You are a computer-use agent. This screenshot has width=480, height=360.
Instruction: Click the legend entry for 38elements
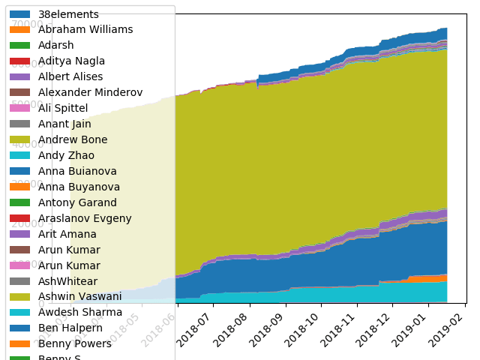pos(68,14)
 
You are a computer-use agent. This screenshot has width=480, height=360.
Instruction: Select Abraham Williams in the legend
pos(85,30)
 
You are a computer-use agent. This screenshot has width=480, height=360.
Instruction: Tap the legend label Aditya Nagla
pos(71,61)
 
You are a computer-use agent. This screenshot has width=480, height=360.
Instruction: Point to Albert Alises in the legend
pos(70,77)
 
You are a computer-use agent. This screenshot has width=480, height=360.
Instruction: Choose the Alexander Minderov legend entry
pos(90,93)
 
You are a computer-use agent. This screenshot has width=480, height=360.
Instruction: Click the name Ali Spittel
pos(63,109)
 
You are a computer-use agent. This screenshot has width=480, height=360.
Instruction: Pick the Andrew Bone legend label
pos(73,140)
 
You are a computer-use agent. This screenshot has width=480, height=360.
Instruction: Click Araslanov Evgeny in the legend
pos(85,219)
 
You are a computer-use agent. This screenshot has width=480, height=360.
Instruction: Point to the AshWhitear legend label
pos(68,282)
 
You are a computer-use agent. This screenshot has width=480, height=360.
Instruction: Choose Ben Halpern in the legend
pos(70,328)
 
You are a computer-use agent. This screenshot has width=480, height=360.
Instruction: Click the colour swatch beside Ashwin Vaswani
pos(20,298)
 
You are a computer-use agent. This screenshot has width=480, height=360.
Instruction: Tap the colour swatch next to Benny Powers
pos(20,344)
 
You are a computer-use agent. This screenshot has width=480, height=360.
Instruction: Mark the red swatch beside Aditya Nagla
pos(20,61)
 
